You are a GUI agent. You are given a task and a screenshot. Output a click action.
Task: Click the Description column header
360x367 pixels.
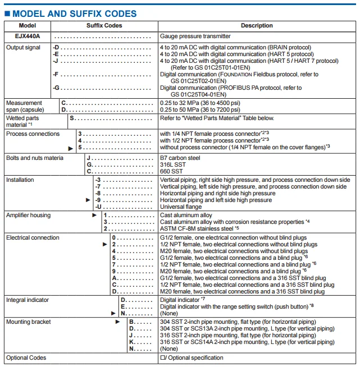257,26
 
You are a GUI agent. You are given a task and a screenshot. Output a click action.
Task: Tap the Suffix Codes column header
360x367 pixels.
104,26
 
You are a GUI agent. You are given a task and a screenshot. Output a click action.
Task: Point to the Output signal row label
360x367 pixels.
23,48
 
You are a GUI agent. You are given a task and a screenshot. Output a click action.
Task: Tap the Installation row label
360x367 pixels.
20,180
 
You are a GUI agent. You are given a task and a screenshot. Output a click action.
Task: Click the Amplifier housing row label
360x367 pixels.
28,215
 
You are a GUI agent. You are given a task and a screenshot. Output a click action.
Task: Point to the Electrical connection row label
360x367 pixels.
32,238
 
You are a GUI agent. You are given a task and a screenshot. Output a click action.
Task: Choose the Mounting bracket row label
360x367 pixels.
28,322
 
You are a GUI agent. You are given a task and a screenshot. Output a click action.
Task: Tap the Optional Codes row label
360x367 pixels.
26,357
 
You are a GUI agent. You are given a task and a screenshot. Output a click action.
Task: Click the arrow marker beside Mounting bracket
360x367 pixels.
118,322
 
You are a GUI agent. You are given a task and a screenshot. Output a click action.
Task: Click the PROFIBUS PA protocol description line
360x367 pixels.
231,88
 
